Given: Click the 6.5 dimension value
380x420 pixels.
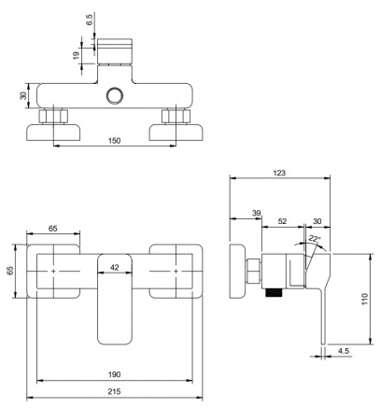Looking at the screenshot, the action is pos(90,20).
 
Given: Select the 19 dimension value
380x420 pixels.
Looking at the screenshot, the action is pos(76,56).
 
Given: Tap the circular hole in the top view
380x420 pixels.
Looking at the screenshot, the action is pos(115,95).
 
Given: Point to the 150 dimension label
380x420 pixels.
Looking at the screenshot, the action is pos(114,141).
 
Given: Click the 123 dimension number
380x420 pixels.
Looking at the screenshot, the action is pos(279,173).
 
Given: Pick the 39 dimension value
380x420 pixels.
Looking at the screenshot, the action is pos(257,213).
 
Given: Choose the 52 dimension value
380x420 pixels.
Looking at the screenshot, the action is pos(282,221).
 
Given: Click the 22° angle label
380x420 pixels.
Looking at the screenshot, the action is pos(315,239).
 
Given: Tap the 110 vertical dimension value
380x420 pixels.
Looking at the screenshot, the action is pos(365,299).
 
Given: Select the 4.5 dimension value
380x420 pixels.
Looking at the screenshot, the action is pos(344,351).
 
